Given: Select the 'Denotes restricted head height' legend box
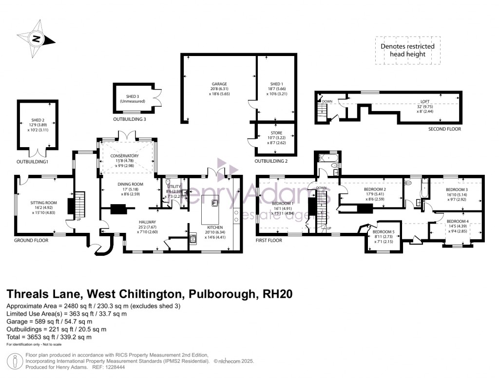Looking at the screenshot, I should point(407,50).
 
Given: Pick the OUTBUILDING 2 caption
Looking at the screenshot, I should point(271,161).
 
